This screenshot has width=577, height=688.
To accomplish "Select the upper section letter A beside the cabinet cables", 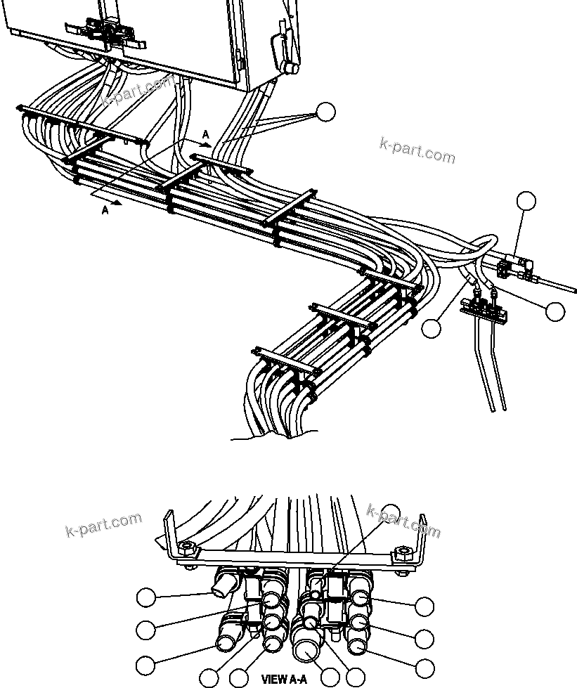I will click(205, 134).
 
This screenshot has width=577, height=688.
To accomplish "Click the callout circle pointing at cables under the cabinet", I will click(325, 112).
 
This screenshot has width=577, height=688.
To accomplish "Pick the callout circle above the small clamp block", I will click(526, 201).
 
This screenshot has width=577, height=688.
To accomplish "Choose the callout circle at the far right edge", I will click(555, 311).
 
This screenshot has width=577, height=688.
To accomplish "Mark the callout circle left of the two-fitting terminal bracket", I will click(432, 327).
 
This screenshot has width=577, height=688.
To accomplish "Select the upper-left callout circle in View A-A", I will click(145, 598).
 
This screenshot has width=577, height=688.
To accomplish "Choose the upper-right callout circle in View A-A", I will click(424, 606).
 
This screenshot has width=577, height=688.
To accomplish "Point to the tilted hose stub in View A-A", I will click(223, 583).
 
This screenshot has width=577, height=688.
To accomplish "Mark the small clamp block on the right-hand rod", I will click(514, 267).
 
